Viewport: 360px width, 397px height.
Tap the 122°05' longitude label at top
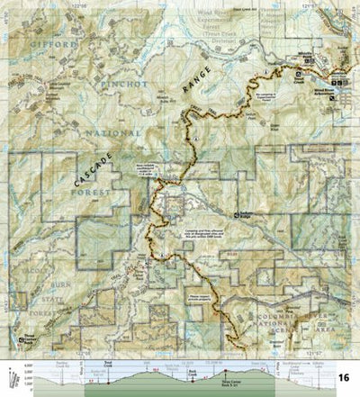85,5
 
